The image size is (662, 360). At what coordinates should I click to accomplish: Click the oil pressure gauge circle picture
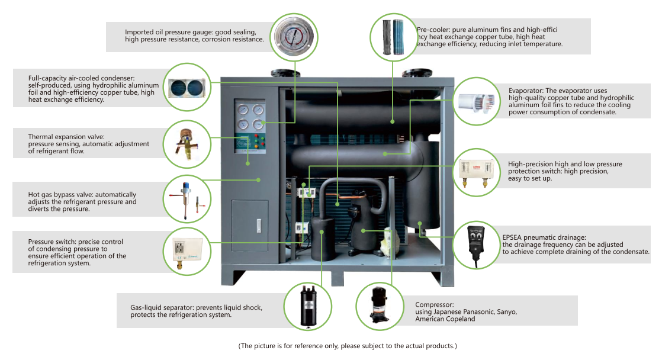[x=294, y=37]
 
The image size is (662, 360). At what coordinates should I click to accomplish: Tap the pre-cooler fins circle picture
[x=394, y=37]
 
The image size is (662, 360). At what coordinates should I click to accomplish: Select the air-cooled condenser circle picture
[x=187, y=88]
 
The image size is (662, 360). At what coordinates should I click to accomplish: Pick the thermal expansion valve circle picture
[x=187, y=144]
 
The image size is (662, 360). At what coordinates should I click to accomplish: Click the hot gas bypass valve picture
[x=187, y=199]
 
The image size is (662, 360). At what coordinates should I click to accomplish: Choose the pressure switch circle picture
[x=187, y=252]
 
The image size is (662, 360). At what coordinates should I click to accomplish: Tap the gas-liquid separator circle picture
[x=308, y=306]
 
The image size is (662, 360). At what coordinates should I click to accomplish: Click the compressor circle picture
[x=380, y=306]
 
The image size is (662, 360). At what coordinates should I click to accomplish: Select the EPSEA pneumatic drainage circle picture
[x=476, y=245]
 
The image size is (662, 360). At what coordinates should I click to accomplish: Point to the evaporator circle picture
[x=476, y=101]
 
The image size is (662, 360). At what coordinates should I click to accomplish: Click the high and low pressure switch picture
[x=476, y=172]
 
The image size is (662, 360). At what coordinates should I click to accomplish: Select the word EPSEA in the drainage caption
[x=512, y=237]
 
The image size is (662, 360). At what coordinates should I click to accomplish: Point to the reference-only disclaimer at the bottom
[x=348, y=346]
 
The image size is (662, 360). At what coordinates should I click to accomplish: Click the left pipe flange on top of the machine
[x=285, y=73]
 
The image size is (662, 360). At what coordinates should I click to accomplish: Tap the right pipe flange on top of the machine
[x=417, y=73]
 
